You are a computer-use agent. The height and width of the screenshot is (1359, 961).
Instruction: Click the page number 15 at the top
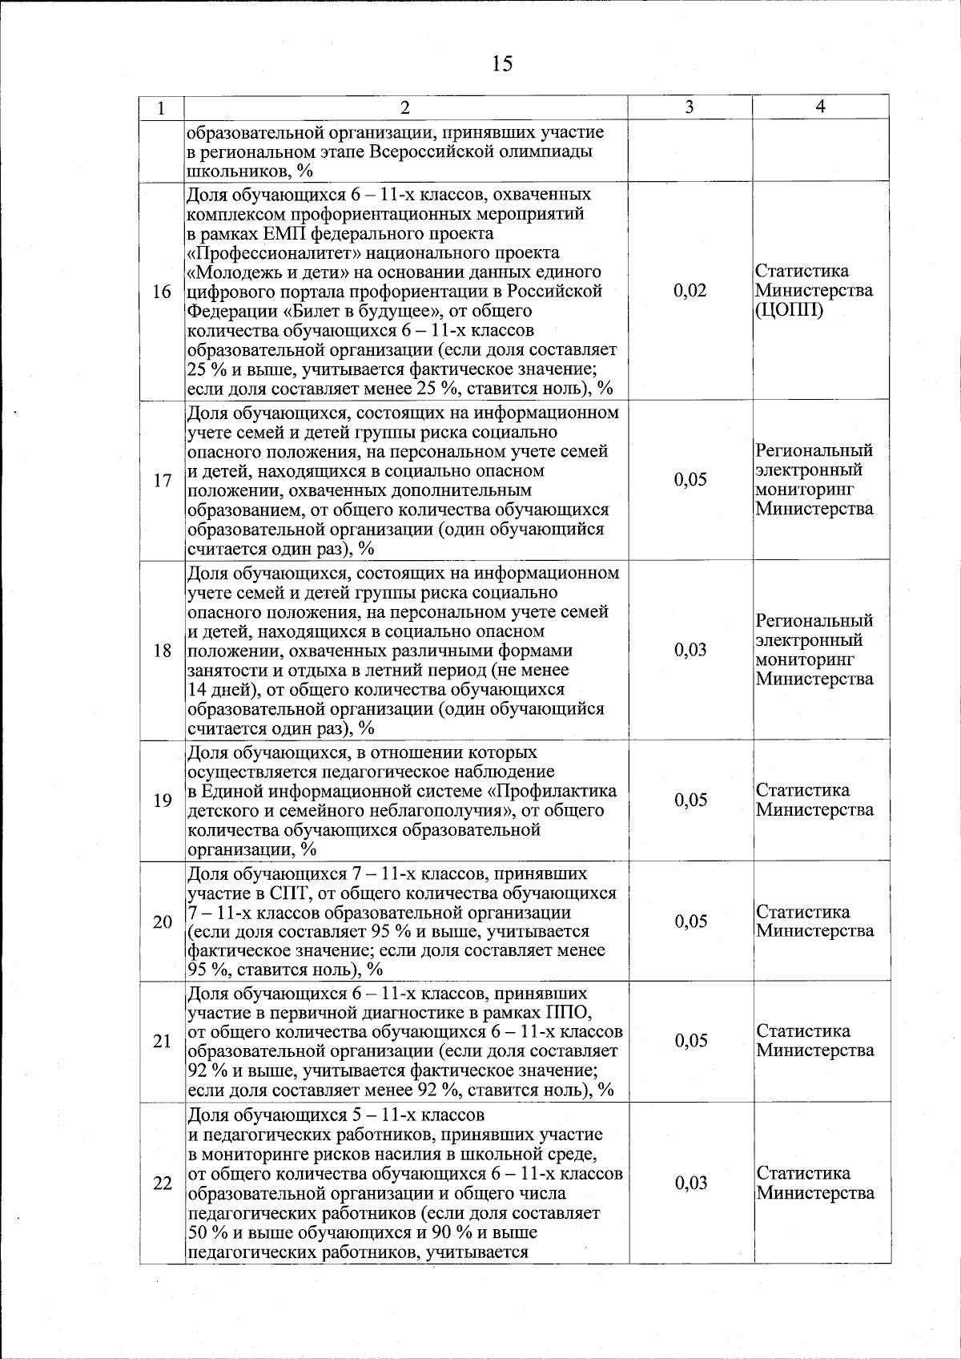[502, 63]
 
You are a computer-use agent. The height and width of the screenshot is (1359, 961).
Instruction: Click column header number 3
[690, 107]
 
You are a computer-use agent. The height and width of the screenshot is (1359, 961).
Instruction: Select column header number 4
[820, 107]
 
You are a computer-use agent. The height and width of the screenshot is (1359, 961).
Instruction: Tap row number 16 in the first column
[162, 292]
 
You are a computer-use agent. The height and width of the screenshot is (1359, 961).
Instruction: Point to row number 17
[162, 481]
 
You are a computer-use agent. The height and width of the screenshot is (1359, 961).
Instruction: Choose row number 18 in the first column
[162, 651]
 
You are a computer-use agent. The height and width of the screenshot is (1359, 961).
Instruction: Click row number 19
[162, 800]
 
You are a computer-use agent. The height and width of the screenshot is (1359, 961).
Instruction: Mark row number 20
[162, 922]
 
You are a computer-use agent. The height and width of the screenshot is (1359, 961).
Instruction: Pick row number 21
[162, 1042]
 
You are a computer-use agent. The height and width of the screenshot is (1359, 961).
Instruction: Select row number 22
[162, 1184]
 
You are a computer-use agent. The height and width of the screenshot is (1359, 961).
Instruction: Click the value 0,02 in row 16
[690, 291]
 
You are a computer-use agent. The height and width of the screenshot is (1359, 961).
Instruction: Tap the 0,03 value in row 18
[690, 650]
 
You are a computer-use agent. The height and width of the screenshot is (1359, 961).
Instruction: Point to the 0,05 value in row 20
[690, 921]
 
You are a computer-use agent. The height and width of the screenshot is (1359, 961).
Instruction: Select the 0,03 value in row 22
[690, 1183]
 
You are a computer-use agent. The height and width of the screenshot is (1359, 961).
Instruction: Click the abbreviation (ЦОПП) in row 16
[789, 310]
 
